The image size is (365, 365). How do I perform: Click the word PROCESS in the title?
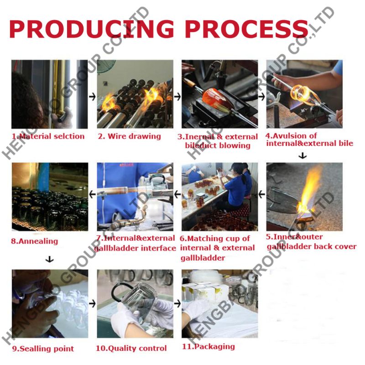[x=247, y=29]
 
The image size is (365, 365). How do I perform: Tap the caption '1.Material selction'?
[x=48, y=136]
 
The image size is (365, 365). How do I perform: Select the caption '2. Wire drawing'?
[x=130, y=136]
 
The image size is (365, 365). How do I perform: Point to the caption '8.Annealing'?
[x=35, y=241]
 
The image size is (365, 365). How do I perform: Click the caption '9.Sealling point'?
[x=43, y=349]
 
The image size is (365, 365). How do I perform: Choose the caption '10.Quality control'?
[x=131, y=348]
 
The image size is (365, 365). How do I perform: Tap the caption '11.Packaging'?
[x=209, y=347]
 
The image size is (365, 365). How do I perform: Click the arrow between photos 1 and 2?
[x=93, y=97]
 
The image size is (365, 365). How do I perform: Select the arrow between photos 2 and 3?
[x=177, y=97]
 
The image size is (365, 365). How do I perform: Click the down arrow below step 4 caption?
[x=302, y=156]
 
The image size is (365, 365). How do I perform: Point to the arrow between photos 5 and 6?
[x=262, y=194]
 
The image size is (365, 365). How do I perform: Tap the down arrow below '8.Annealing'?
[x=49, y=259]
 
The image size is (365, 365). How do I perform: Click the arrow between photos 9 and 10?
[x=93, y=303]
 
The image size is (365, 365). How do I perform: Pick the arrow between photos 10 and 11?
[x=177, y=303]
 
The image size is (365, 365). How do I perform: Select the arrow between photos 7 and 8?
[x=93, y=194]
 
